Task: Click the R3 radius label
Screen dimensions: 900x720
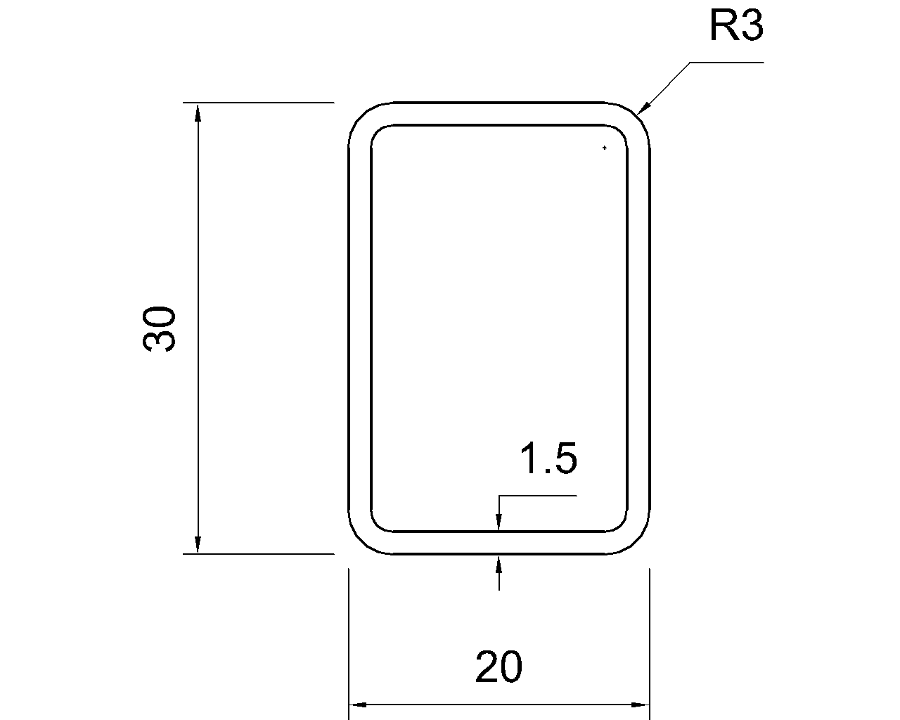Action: pyautogui.click(x=736, y=25)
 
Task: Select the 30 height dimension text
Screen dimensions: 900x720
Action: pyautogui.click(x=159, y=329)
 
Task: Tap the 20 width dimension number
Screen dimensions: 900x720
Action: pyautogui.click(x=499, y=667)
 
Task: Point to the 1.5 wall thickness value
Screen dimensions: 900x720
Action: pyautogui.click(x=548, y=458)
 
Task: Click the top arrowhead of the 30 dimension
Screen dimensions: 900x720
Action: pyautogui.click(x=198, y=113)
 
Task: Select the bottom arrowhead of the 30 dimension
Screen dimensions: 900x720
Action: pyautogui.click(x=198, y=544)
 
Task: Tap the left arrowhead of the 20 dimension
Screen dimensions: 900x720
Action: pyautogui.click(x=359, y=705)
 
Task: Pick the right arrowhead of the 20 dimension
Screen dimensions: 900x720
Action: pyautogui.click(x=640, y=705)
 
